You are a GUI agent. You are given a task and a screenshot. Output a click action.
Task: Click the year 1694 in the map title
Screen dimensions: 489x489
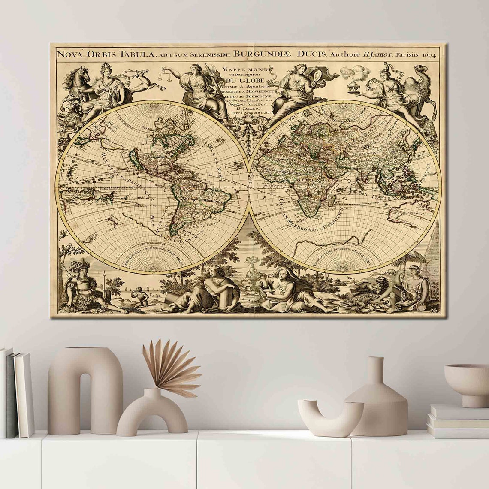[429, 54]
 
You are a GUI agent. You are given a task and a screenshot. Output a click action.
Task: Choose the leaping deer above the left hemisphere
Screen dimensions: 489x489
[146, 81]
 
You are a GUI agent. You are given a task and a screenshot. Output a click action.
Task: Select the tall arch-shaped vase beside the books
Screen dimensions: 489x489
[85, 388]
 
